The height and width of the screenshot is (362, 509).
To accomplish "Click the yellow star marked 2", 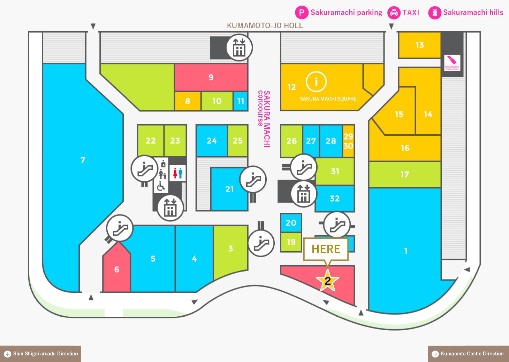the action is (327, 281).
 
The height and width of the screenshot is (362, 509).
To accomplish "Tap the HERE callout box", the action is (326, 249).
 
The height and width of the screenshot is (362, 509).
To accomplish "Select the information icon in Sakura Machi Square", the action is (316, 82).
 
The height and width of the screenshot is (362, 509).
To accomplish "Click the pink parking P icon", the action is (302, 13).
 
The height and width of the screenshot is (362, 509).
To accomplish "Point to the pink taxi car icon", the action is (394, 13).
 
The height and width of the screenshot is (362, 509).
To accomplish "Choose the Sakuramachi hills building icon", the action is (435, 13).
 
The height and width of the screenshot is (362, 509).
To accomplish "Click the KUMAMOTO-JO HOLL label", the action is (265, 25).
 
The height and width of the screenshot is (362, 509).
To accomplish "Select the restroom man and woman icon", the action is (178, 173).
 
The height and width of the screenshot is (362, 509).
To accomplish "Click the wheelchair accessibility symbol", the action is (161, 187).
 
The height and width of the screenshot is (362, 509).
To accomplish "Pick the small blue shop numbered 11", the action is (241, 101).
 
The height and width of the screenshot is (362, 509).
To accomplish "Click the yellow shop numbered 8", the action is (188, 101).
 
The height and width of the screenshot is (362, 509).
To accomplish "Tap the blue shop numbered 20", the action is (291, 223).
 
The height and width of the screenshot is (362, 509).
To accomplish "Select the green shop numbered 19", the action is (291, 242).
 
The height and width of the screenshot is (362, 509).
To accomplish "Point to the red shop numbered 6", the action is (116, 267).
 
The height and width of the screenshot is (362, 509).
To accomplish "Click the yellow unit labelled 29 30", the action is (348, 141).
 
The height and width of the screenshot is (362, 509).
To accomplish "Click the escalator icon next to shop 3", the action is (261, 243).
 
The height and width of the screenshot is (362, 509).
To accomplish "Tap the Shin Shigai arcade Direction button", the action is (40, 354).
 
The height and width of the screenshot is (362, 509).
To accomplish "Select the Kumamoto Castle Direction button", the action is (468, 354).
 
